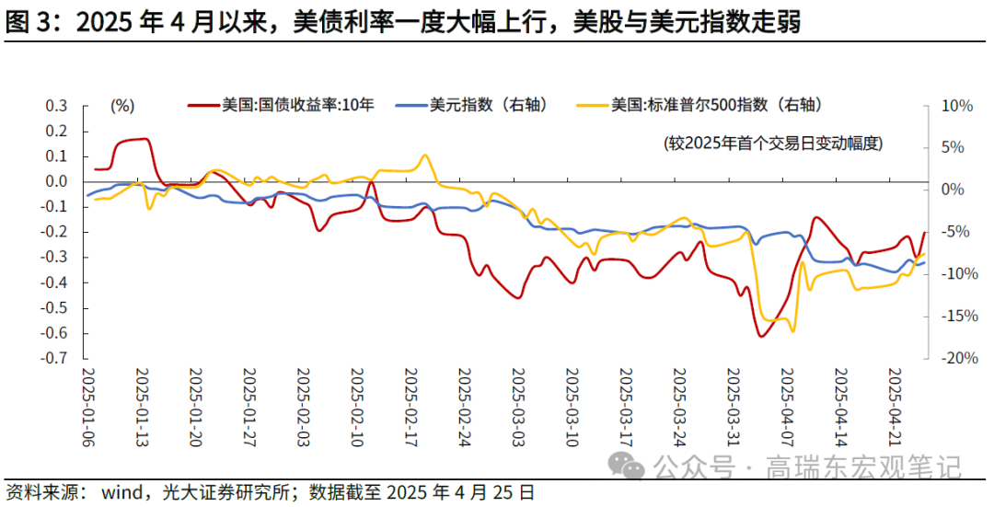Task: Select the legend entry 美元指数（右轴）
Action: pyautogui.click(x=488, y=105)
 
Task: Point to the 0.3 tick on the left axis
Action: pyautogui.click(x=57, y=106)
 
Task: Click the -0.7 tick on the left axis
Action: pyautogui.click(x=55, y=359)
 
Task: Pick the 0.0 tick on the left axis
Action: pyautogui.click(x=57, y=181)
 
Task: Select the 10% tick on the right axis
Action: pyautogui.click(x=957, y=106)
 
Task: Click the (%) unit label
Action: pyautogui.click(x=122, y=106)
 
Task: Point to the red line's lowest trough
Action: pyautogui.click(x=761, y=336)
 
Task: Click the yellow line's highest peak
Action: pyautogui.click(x=424, y=156)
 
